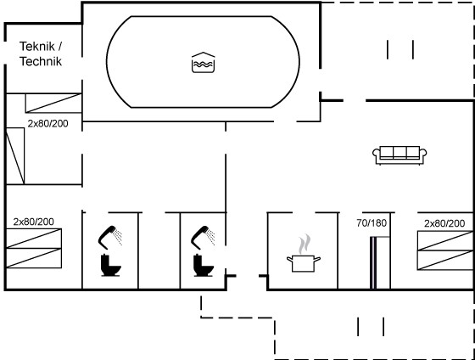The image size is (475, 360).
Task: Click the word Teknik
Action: (37, 47)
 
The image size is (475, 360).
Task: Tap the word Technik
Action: (41, 61)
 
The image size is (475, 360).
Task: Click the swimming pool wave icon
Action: (204, 63)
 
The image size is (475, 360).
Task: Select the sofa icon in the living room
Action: (400, 155)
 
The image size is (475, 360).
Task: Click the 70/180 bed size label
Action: (372, 223)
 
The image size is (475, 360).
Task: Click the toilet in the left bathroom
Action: (110, 265)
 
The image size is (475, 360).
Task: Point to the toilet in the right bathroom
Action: (204, 265)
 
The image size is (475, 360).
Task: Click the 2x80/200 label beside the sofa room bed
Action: (444, 223)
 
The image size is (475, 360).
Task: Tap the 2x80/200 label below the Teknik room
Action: (47, 123)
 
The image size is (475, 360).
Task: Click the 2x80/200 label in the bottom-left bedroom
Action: (34, 222)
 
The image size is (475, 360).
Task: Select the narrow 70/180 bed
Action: (380, 263)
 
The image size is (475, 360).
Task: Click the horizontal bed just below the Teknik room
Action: (53, 103)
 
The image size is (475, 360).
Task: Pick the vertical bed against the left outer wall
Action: (15, 156)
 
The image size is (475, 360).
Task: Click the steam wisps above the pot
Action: (305, 244)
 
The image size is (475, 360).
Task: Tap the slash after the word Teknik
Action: (59, 47)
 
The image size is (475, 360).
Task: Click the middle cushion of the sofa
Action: (400, 152)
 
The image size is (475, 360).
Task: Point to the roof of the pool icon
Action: (204, 55)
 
